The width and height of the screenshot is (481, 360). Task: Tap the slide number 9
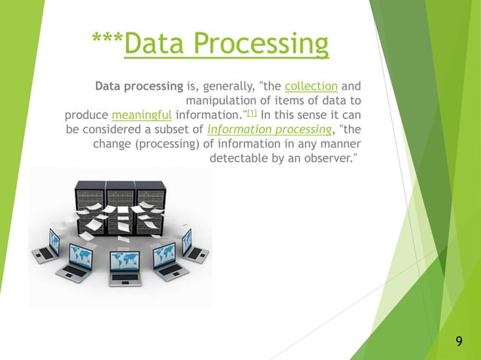459,344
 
